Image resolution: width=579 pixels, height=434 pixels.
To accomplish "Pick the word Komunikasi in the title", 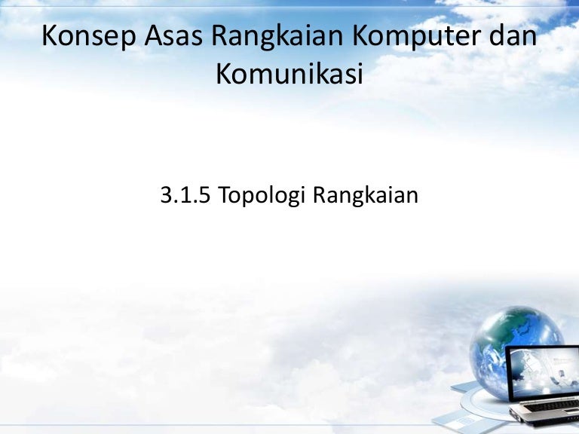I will point(289,74).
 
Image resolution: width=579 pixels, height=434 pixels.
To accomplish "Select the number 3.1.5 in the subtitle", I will point(185,195).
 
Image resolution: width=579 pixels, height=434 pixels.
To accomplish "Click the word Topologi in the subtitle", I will point(262,197).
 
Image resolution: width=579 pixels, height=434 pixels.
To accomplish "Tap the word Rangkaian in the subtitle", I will point(366,197).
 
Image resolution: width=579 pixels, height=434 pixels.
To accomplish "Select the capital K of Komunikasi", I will point(225,74).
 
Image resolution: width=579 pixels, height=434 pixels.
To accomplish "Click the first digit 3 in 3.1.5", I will point(166,195).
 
